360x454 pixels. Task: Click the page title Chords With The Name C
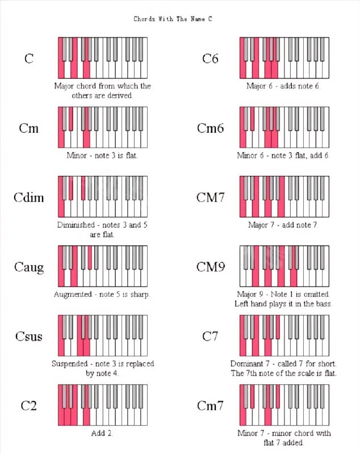pos(173,19)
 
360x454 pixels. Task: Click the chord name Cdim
pos(29,197)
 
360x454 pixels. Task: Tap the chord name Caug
pos(29,267)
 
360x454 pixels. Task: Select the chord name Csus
pos(29,336)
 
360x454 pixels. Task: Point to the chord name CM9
pos(211,267)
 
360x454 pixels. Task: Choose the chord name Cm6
pos(211,128)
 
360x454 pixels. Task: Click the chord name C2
pos(29,405)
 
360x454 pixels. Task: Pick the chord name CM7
pos(211,197)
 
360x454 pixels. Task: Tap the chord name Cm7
pos(211,405)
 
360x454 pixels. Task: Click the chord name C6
pos(211,58)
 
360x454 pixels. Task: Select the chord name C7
pos(211,336)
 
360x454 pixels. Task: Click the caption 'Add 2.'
pos(102,433)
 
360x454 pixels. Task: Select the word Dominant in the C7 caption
pos(248,364)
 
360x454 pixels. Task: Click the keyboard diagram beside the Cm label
pos(102,128)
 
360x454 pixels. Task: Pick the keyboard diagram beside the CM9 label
pos(284,266)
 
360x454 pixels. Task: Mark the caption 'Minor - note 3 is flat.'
pos(102,155)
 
